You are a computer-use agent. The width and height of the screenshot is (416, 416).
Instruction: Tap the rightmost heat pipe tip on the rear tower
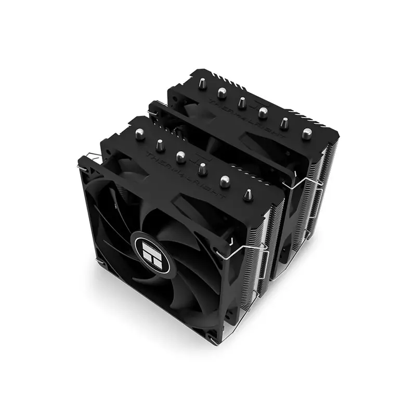point(306,134)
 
